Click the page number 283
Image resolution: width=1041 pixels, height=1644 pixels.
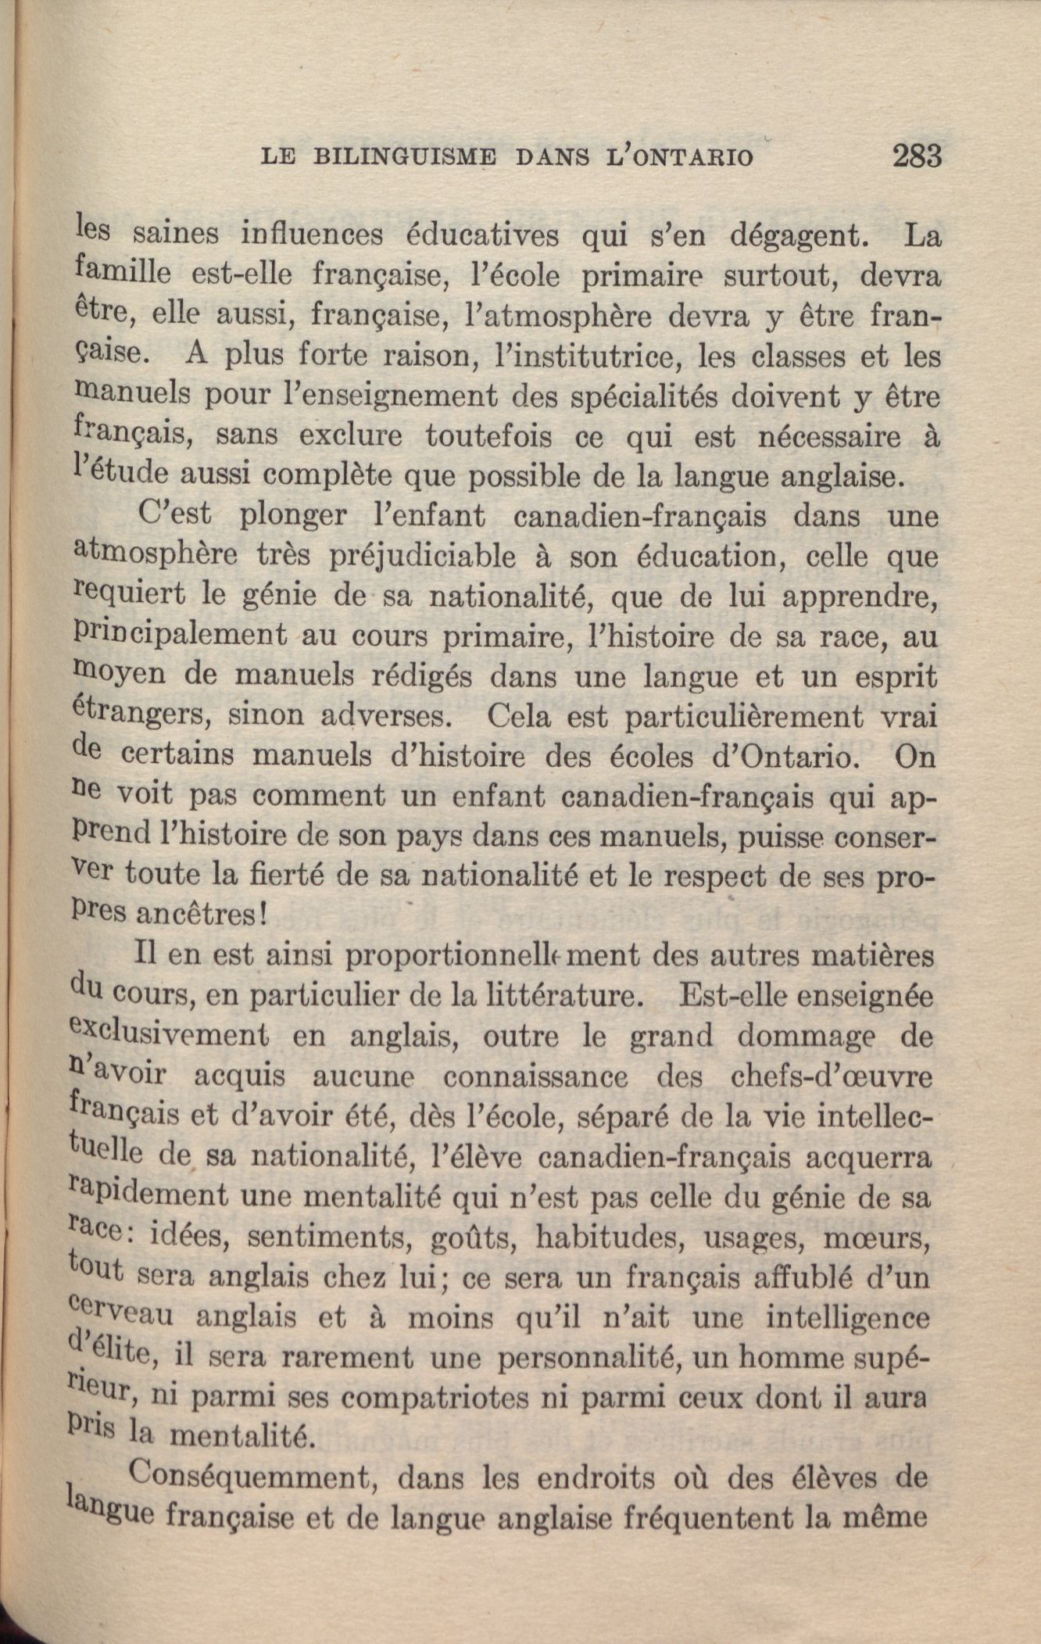pyautogui.click(x=916, y=156)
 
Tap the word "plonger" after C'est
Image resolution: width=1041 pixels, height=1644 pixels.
pyautogui.click(x=293, y=517)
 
